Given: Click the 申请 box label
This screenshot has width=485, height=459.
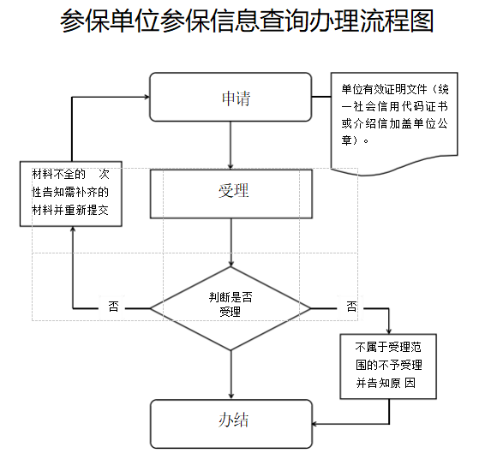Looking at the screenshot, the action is point(236,98).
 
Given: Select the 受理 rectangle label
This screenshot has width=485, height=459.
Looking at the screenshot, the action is point(234,190).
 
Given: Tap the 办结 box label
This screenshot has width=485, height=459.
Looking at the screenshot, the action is point(233,420).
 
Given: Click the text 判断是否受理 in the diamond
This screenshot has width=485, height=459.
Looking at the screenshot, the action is point(231,305).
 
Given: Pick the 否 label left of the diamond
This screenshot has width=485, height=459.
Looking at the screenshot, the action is point(113,307).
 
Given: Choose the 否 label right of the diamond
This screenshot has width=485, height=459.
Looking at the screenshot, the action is point(351,307).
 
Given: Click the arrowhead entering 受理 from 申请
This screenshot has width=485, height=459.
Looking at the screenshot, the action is point(231,167).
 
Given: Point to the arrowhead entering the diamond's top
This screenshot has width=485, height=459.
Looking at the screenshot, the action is point(231,264).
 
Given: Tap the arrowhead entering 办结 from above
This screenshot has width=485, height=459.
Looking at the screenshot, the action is point(231,396).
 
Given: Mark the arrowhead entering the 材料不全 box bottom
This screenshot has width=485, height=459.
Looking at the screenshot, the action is point(73,229).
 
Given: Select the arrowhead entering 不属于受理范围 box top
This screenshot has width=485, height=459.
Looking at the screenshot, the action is point(389,331).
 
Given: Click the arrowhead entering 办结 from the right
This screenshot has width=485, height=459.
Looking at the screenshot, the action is point(314,424).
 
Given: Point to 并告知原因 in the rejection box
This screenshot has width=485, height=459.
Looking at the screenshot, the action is point(386,383).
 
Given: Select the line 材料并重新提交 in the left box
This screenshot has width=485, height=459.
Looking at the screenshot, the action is point(70,211).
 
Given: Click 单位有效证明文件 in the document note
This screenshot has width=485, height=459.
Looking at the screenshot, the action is point(384,89).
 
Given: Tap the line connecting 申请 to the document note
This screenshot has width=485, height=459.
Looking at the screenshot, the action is point(321,97).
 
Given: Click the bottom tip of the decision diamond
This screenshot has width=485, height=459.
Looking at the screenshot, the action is point(231,350).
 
